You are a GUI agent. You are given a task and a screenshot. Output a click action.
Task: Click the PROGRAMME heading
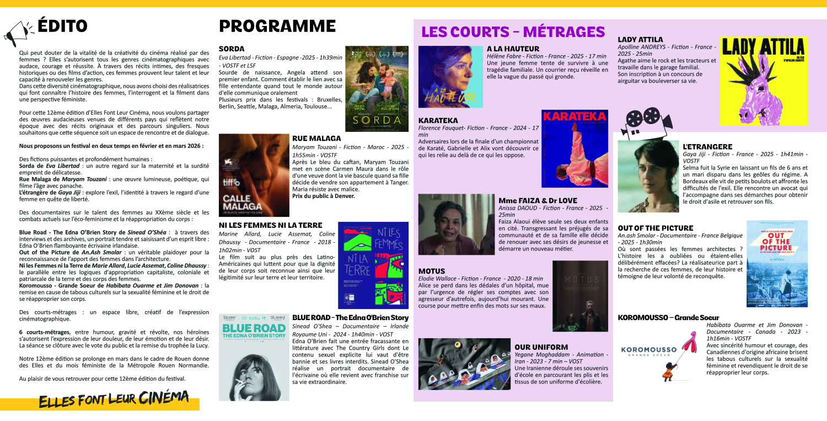point(277,26)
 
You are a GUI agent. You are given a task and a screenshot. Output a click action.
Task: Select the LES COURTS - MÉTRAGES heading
point(513,31)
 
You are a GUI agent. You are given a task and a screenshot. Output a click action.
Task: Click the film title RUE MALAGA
point(316,138)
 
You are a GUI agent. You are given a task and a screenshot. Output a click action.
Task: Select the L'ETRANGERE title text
point(707,147)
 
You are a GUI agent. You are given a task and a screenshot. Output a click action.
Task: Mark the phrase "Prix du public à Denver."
point(323,196)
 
